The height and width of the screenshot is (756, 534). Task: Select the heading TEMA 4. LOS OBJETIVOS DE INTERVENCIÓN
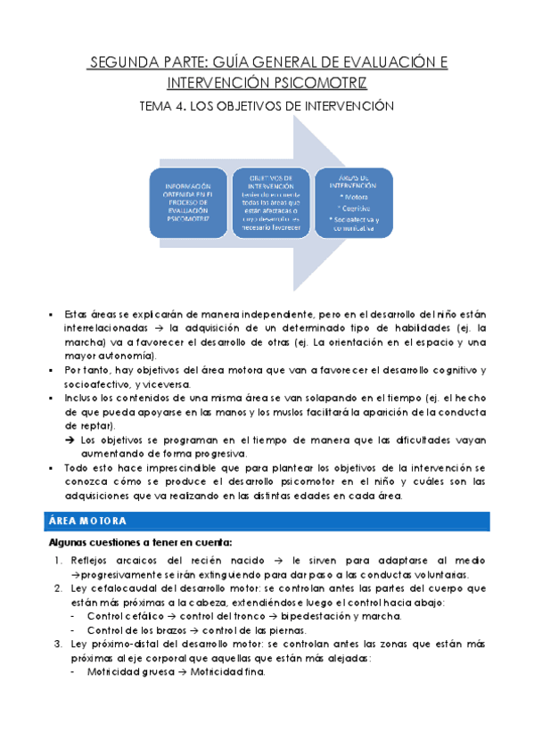pos(267,106)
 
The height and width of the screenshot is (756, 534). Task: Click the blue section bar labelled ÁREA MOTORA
pos(267,521)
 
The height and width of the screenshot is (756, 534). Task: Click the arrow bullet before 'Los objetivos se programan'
pos(71,440)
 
